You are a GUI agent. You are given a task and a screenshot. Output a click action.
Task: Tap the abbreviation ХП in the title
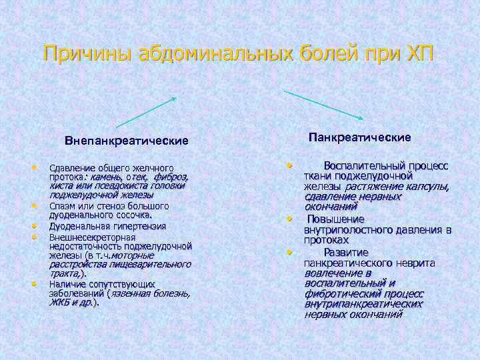[x=417, y=53]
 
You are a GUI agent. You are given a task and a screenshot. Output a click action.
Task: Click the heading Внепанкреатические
[x=127, y=141]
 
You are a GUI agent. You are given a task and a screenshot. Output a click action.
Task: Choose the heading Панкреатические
[x=359, y=137]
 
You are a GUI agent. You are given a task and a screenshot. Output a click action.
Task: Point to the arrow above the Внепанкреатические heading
[x=146, y=112]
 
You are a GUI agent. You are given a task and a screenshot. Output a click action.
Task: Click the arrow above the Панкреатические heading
[x=323, y=105]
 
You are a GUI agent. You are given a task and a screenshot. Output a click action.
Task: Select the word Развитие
[x=345, y=252]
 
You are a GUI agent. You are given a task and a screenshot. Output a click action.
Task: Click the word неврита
[x=417, y=263]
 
